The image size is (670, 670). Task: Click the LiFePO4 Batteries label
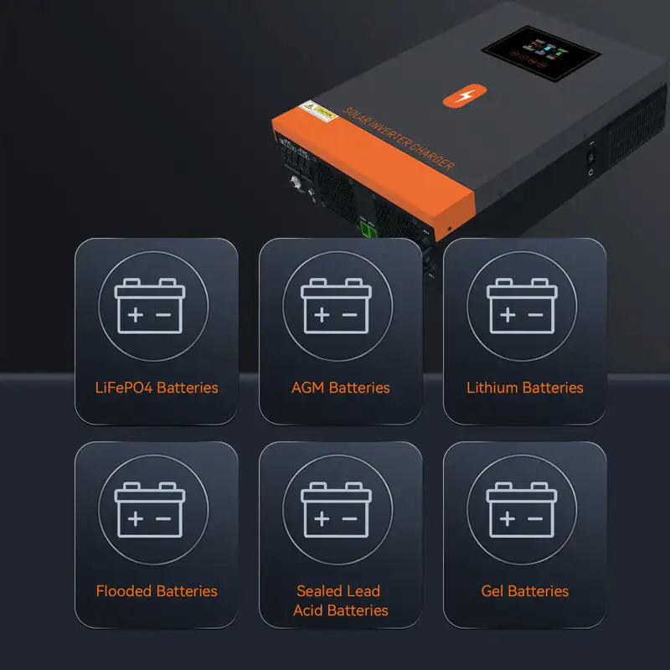point(157,388)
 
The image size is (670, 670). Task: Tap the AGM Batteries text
point(340,388)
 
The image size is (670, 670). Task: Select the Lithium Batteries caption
point(524,388)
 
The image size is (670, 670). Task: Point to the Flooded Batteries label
point(157,591)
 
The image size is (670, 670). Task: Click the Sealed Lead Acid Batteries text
point(340,600)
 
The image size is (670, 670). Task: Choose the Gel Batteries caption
point(524,591)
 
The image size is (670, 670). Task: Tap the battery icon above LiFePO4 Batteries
point(150,307)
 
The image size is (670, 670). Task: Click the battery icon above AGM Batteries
point(335,307)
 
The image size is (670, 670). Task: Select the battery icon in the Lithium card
point(521,307)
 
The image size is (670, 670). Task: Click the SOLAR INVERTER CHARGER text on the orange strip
point(399,138)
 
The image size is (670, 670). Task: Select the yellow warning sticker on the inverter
point(322,111)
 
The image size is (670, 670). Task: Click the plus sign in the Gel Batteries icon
point(507,518)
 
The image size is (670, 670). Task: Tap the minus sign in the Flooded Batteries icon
point(164,518)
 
